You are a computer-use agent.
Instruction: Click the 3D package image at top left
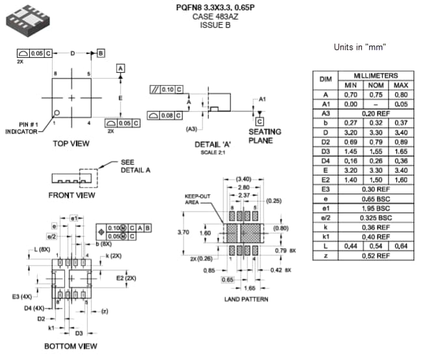pyautogui.click(x=28, y=20)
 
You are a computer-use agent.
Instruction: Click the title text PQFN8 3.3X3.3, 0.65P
pyautogui.click(x=215, y=7)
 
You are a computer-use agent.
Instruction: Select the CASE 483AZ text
pyautogui.click(x=215, y=16)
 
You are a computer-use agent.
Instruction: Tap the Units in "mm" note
pyautogui.click(x=359, y=48)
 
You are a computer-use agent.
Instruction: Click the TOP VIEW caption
pyautogui.click(x=71, y=143)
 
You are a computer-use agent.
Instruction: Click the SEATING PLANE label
pyautogui.click(x=265, y=136)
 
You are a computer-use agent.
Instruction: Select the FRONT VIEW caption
pyautogui.click(x=71, y=195)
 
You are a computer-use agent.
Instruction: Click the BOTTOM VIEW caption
pyautogui.click(x=71, y=346)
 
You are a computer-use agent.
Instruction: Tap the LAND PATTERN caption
pyautogui.click(x=245, y=299)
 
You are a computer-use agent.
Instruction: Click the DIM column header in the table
pyautogui.click(x=325, y=79)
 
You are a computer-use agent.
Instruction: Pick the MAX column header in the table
pyautogui.click(x=401, y=85)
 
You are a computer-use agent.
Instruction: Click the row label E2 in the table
pyautogui.click(x=325, y=180)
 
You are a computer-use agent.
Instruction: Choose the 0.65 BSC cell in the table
pyautogui.click(x=376, y=199)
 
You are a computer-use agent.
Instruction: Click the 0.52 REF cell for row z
pyautogui.click(x=376, y=256)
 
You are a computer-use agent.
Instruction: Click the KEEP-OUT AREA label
pyautogui.click(x=195, y=199)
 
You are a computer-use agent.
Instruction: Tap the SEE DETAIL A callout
pyautogui.click(x=135, y=166)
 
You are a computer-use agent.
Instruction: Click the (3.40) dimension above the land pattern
pyautogui.click(x=243, y=178)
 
